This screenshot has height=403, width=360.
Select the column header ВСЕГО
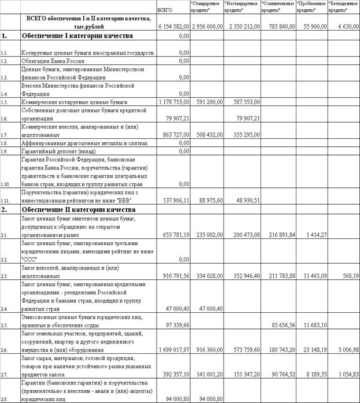coord(165,10)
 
